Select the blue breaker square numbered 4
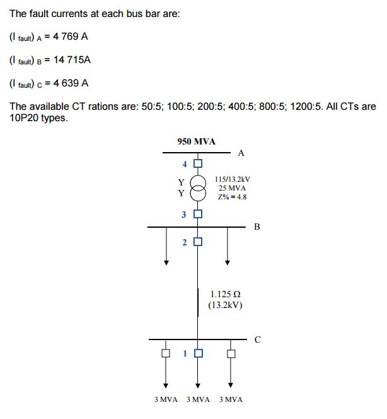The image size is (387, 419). (x=198, y=164)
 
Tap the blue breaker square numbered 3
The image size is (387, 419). (x=198, y=214)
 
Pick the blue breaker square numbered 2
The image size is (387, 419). (x=198, y=242)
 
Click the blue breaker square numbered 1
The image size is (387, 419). (x=198, y=353)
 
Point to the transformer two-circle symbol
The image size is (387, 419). (x=198, y=188)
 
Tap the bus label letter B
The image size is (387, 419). (x=257, y=226)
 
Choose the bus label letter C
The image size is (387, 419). (x=257, y=339)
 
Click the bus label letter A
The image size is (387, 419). (x=241, y=153)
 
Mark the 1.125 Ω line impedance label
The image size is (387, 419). (x=226, y=294)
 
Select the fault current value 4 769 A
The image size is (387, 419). (x=67, y=37)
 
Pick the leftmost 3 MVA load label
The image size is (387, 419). (x=166, y=399)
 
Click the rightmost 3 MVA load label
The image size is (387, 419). (x=230, y=399)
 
